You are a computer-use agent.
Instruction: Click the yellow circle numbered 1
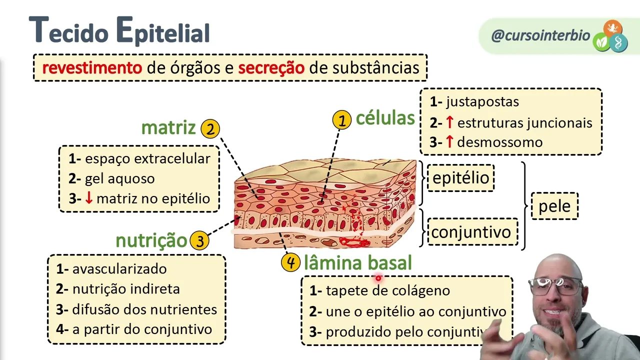pos(342,120)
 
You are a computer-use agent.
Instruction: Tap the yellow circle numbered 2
pos(210,129)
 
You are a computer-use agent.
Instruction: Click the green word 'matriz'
pos(168,128)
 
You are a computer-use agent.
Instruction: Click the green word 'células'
pos(385,118)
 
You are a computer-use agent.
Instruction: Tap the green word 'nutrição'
pos(151,240)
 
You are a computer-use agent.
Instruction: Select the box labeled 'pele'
pos(554,206)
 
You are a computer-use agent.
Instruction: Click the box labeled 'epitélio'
pos(460,178)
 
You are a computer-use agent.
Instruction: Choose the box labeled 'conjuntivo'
pos(471,232)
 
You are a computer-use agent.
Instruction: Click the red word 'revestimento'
pos(92,68)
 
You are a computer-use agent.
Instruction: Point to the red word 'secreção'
pos(271,68)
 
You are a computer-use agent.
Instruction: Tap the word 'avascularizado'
pos(119,269)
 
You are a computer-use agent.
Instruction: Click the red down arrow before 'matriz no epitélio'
pos(89,198)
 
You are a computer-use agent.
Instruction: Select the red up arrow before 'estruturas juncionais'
pos(449,122)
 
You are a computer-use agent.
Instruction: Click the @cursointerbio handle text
pos(540,35)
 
